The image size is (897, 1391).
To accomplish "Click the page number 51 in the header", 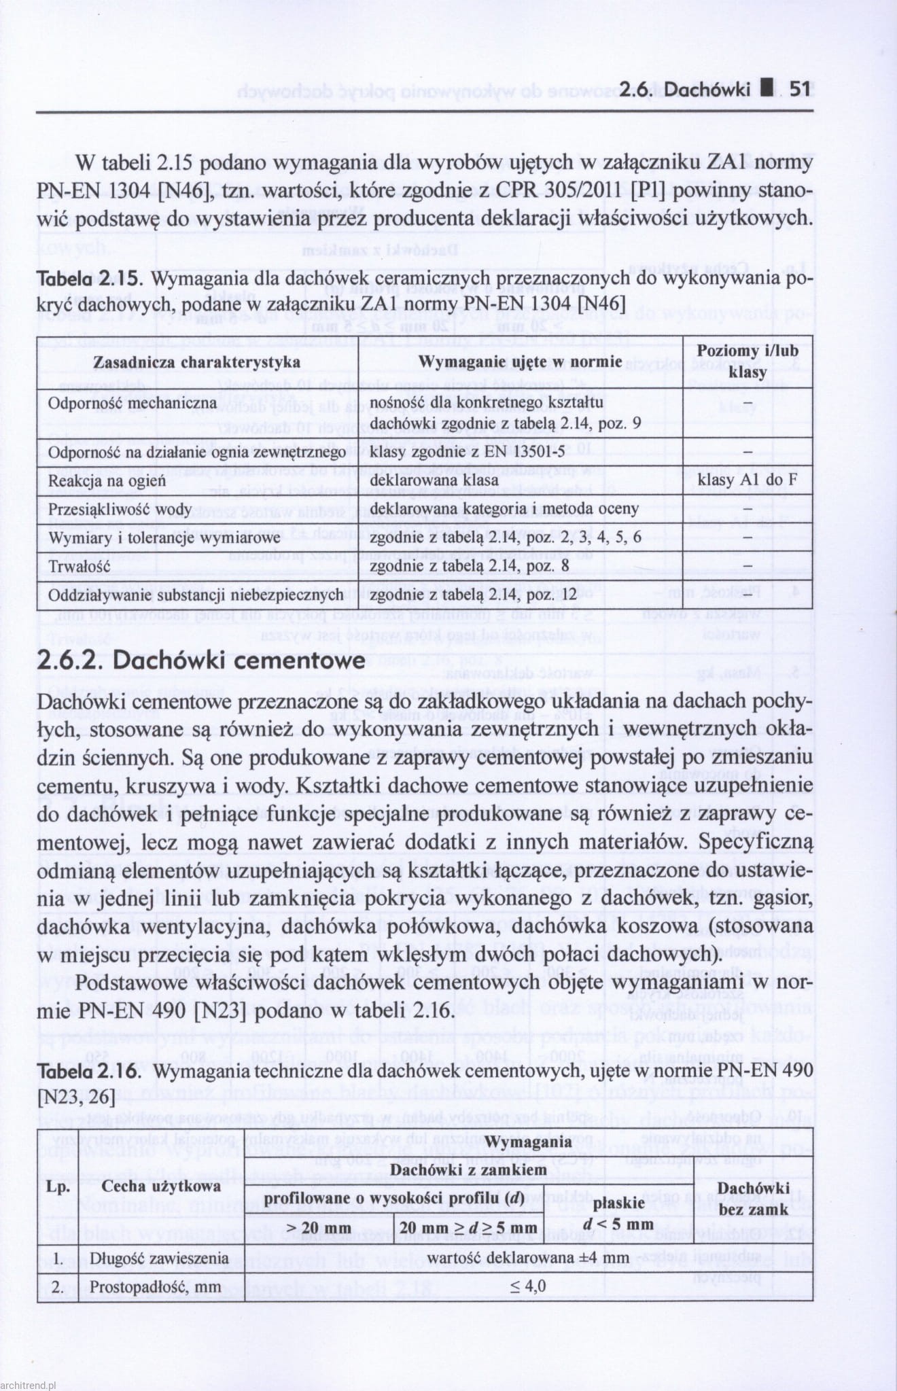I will tap(801, 89).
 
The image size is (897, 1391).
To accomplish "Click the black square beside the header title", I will tap(766, 89).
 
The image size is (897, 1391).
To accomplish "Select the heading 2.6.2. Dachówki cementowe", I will tap(201, 661).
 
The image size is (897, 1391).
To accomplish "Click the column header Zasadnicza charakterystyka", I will tap(197, 362).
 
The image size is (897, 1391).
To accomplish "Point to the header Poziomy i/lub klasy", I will tap(747, 361).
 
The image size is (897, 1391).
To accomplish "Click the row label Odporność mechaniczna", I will tap(133, 403).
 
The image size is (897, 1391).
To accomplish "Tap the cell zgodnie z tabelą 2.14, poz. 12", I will tap(473, 595).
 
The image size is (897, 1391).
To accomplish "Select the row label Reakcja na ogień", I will tap(107, 480).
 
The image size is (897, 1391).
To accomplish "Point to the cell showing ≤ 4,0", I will tap(528, 1286).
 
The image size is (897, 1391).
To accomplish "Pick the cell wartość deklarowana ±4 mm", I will tap(528, 1257).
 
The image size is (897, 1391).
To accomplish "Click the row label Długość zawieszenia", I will tap(160, 1258).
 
